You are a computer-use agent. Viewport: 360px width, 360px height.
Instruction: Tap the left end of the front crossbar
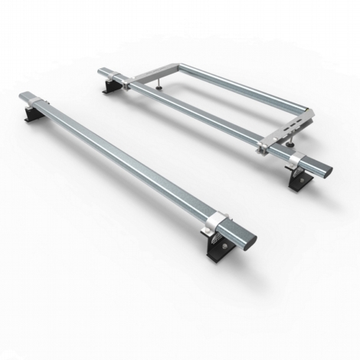(22, 98)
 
